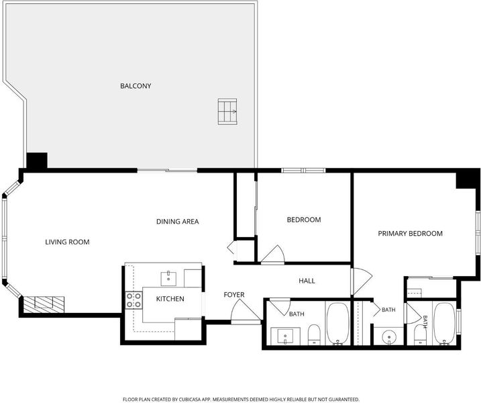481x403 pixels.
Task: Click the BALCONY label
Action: click(136, 86)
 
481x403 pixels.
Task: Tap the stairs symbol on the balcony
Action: click(227, 111)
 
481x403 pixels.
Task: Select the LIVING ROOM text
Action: click(67, 242)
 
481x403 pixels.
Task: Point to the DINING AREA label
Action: click(177, 222)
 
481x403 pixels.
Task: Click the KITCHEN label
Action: click(170, 299)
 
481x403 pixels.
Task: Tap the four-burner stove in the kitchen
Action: click(133, 300)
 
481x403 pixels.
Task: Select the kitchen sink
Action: click(168, 279)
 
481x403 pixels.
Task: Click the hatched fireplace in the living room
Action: click(44, 304)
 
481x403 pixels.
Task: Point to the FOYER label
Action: click(234, 295)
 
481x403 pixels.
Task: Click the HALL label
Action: click(307, 281)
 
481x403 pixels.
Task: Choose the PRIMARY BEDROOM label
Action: click(410, 234)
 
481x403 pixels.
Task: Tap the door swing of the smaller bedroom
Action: click(273, 255)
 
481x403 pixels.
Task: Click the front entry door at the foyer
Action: click(246, 311)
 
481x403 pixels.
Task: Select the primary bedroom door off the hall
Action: click(362, 281)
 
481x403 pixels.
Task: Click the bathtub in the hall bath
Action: click(337, 324)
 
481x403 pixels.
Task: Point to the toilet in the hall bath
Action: click(314, 334)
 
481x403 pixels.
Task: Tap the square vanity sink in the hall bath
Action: click(285, 336)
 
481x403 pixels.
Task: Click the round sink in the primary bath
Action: click(389, 337)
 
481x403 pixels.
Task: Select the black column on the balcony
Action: click(37, 161)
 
